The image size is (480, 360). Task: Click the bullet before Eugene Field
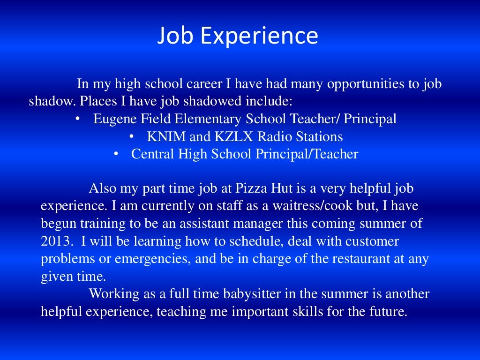(x=77, y=119)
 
